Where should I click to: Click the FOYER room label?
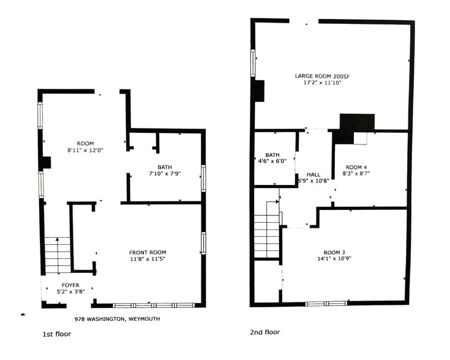67,283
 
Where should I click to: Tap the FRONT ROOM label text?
147,252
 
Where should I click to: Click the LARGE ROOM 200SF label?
321,76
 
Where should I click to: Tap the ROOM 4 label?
358,167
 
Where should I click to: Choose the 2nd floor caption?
264,332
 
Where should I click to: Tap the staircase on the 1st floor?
58,255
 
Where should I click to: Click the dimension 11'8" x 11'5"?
147,259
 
